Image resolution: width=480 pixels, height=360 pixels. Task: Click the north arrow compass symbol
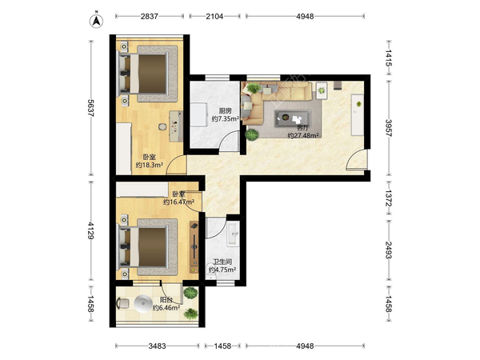coord(96,20)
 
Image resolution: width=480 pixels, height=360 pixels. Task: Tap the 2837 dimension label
coord(149,16)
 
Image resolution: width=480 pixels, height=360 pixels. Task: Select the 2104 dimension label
coord(214,16)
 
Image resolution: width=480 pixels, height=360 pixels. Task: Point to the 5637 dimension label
coord(91,108)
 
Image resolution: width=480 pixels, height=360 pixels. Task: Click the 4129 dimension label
coord(91,230)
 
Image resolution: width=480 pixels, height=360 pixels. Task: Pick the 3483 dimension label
coord(157,346)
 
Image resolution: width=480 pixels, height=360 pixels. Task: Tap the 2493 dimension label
coord(389,250)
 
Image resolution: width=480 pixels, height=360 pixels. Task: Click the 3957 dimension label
coord(389,128)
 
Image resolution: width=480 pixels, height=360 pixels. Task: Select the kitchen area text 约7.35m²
coord(226,118)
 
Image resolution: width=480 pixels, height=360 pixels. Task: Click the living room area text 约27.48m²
coord(303,135)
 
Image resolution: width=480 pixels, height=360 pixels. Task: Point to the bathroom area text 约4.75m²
coord(222,270)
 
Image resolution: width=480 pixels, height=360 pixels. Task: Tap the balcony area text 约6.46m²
coord(166,308)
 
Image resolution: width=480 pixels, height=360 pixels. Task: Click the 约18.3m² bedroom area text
coord(149,165)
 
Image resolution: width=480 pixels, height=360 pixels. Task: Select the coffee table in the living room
coord(292,118)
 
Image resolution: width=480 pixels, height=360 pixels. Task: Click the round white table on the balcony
coord(143,304)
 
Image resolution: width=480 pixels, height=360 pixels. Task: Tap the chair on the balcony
coord(123,303)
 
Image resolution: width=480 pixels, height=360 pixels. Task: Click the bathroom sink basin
coord(234,234)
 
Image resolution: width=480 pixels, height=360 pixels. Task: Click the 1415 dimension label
coord(389,58)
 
